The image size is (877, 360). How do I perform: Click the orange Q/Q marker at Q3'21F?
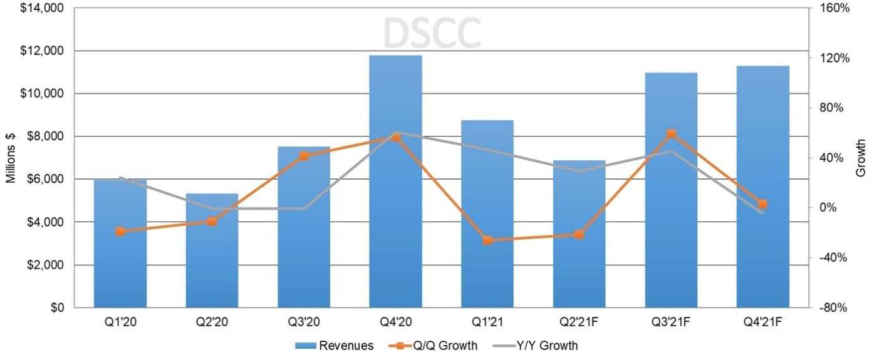coord(671,133)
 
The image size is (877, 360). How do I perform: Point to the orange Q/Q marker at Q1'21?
coord(487,240)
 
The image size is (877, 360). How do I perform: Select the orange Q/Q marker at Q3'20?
coord(304,156)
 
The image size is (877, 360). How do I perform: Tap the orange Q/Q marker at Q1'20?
coord(120,231)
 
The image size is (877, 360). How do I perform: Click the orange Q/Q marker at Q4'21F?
coord(763,204)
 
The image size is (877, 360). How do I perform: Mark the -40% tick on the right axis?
coord(834,257)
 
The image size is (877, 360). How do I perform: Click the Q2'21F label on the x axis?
coord(579,322)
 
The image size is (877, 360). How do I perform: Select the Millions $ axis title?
coord(11,157)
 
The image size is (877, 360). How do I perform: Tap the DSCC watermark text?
coord(432,33)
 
